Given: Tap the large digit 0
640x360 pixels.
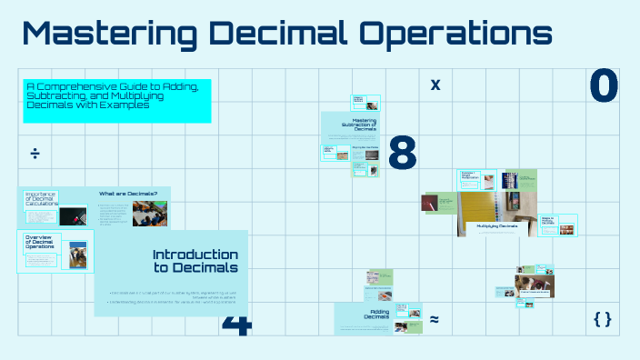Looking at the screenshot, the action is pos(604,85).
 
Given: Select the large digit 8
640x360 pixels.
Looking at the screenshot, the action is pos(402,153).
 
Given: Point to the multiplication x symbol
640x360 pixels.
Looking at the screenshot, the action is pos(435,85).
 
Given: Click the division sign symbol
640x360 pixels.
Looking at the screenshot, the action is pos(35,153).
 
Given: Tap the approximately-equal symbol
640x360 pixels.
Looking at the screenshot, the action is pos(435,319).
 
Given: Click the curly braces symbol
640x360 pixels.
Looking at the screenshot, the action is pos(601,319).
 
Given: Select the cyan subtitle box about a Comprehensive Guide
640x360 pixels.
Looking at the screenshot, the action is pos(116,100).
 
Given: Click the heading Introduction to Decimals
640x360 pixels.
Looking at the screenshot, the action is pos(195,261).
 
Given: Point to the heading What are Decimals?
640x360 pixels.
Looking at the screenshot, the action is pos(128,194).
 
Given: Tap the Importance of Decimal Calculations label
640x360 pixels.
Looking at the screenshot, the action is pos(41,199).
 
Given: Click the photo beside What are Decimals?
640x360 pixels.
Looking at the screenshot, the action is pos(149,213).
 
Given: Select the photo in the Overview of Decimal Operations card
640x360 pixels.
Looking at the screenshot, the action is pos(78,254).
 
